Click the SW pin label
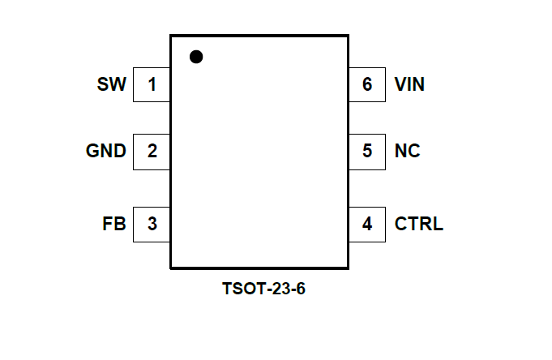pyautogui.click(x=112, y=84)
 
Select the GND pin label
pyautogui.click(x=106, y=151)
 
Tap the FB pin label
pyautogui.click(x=114, y=224)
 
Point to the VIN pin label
pyautogui.click(x=409, y=84)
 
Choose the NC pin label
pyautogui.click(x=407, y=151)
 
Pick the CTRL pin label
pyautogui.click(x=419, y=224)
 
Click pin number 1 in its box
pyautogui.click(x=152, y=84)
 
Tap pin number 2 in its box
pyautogui.click(x=152, y=151)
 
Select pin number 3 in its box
pyautogui.click(x=152, y=224)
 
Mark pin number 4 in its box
pyautogui.click(x=367, y=224)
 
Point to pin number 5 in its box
pyautogui.click(x=367, y=151)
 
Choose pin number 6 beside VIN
pyautogui.click(x=367, y=84)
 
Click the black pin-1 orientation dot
pyautogui.click(x=195, y=57)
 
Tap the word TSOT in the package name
pyautogui.click(x=240, y=289)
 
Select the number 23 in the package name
pyautogui.click(x=276, y=289)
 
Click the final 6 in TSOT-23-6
pyautogui.click(x=300, y=289)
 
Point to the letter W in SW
pyautogui.click(x=118, y=84)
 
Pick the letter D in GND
pyautogui.click(x=119, y=151)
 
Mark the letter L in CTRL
pyautogui.click(x=439, y=224)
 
